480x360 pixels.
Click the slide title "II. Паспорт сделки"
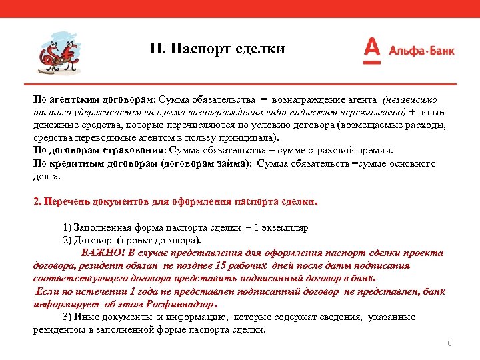(x=217, y=49)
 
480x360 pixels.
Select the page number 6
(x=449, y=343)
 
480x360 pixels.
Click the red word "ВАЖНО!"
(x=103, y=253)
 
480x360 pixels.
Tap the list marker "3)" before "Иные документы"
(x=67, y=317)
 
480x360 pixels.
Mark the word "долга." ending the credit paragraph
(x=47, y=177)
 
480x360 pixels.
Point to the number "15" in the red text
(x=227, y=266)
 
